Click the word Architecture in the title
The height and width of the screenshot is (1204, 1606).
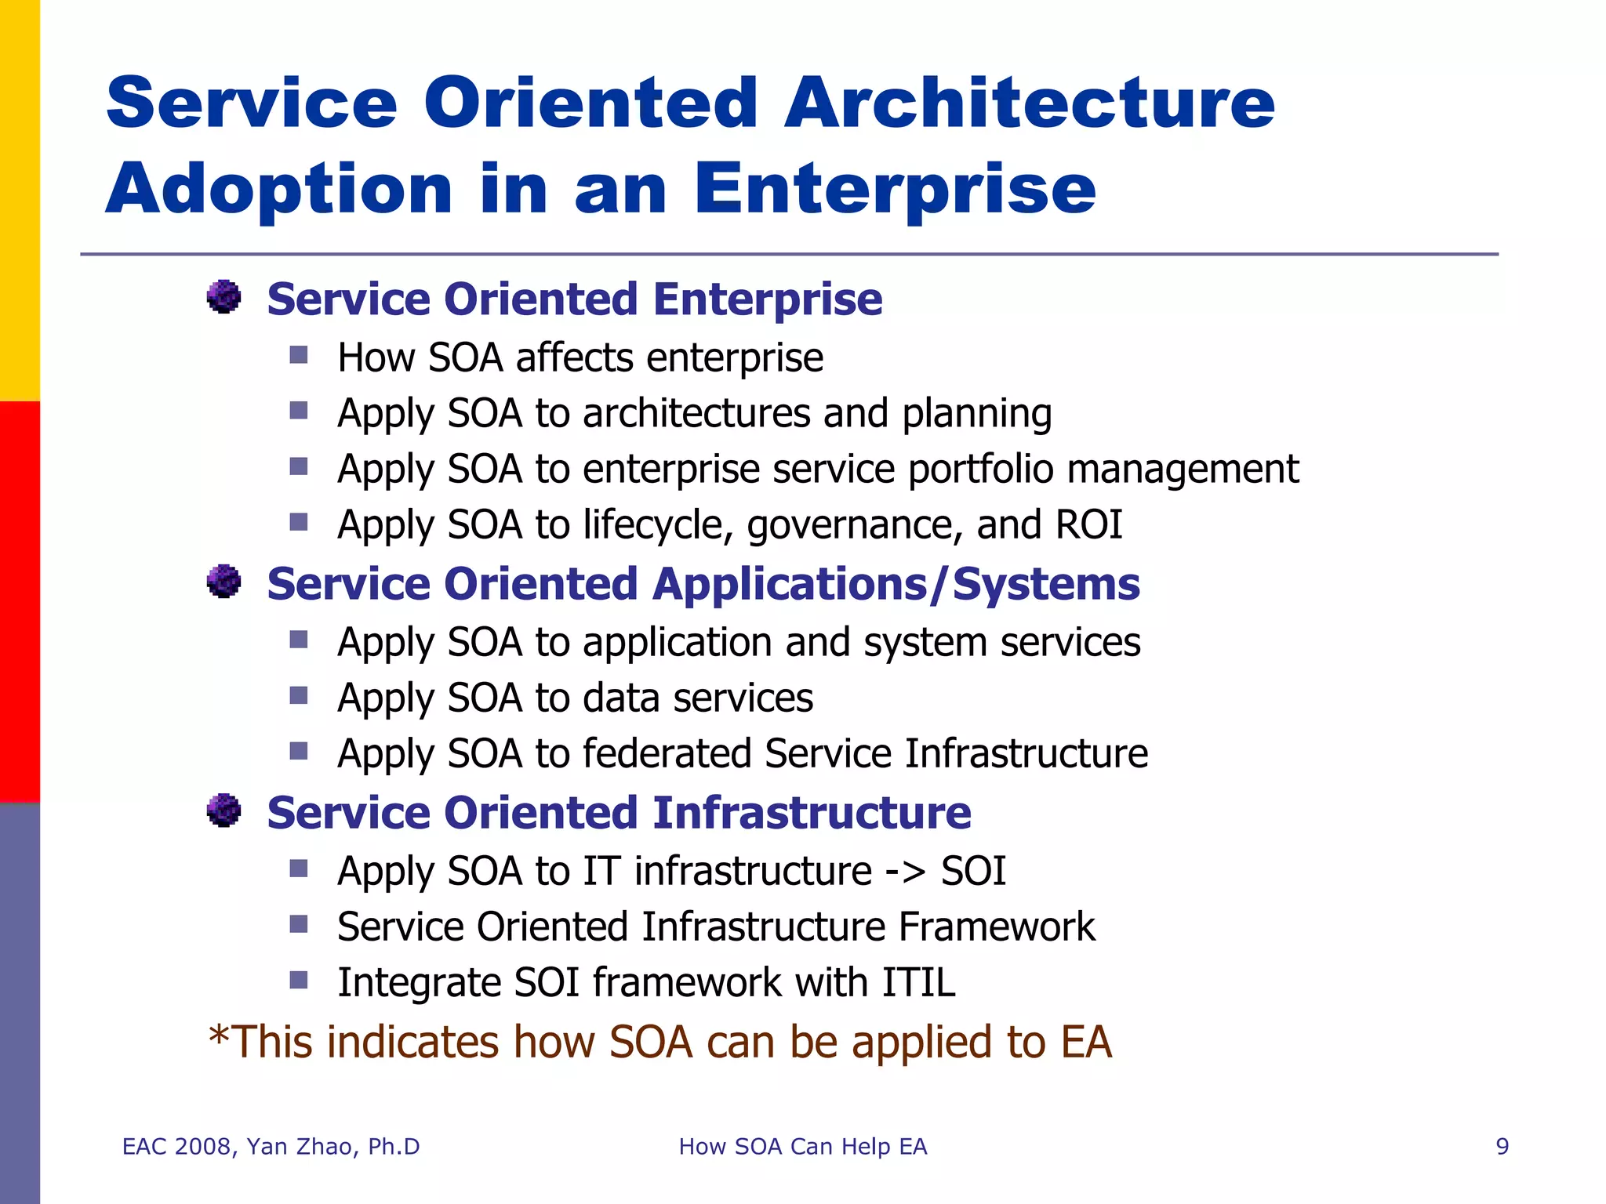point(1029,103)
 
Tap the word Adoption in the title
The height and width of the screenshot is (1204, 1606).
point(279,189)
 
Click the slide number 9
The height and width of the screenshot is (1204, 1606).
point(1502,1147)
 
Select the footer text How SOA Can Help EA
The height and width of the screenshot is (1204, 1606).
point(802,1147)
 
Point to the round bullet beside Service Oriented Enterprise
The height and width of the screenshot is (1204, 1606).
point(224,297)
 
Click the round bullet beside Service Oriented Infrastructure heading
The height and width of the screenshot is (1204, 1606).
point(224,811)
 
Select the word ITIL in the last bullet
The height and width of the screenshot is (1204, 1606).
point(918,982)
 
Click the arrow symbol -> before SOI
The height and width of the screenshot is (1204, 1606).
point(905,872)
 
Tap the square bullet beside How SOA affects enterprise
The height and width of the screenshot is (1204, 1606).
point(299,356)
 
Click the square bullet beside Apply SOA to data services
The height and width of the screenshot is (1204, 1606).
point(299,696)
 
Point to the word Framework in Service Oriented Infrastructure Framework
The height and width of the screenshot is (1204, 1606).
point(997,927)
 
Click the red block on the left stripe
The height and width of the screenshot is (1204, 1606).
point(20,602)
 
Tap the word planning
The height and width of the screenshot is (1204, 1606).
point(976,415)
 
